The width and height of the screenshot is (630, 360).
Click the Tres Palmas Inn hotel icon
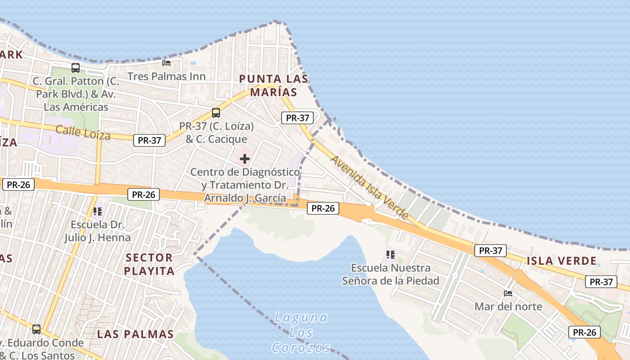coord(166,63)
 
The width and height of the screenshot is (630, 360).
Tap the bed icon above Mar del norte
coord(508,293)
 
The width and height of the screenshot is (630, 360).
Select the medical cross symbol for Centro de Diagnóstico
coord(245,159)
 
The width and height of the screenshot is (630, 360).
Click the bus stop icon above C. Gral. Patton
coord(76,68)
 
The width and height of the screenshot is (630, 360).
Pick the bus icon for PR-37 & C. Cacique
coord(216,113)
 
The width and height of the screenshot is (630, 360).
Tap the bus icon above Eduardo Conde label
coord(36,329)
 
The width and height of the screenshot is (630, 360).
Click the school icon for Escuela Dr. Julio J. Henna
coord(97,211)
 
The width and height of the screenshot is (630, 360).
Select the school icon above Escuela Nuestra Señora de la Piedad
coord(391,255)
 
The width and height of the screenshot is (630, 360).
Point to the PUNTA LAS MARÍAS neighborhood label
coord(274,85)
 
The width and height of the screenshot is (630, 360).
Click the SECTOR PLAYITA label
coord(149,264)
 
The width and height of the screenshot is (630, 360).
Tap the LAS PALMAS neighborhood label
coord(135,334)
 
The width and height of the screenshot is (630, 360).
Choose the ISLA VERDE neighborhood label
coord(561,261)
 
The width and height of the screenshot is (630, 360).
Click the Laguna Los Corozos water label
coord(301,333)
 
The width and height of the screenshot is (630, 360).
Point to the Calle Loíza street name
coord(83,133)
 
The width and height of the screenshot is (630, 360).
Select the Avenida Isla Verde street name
coord(369,187)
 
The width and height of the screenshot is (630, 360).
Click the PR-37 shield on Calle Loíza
coord(149,140)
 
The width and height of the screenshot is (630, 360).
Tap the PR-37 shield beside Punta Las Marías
coord(297,118)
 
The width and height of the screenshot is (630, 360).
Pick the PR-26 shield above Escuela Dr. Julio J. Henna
coord(144,194)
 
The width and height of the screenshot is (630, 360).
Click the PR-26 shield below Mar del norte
coord(584,333)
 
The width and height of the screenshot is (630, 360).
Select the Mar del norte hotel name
coord(508,307)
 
